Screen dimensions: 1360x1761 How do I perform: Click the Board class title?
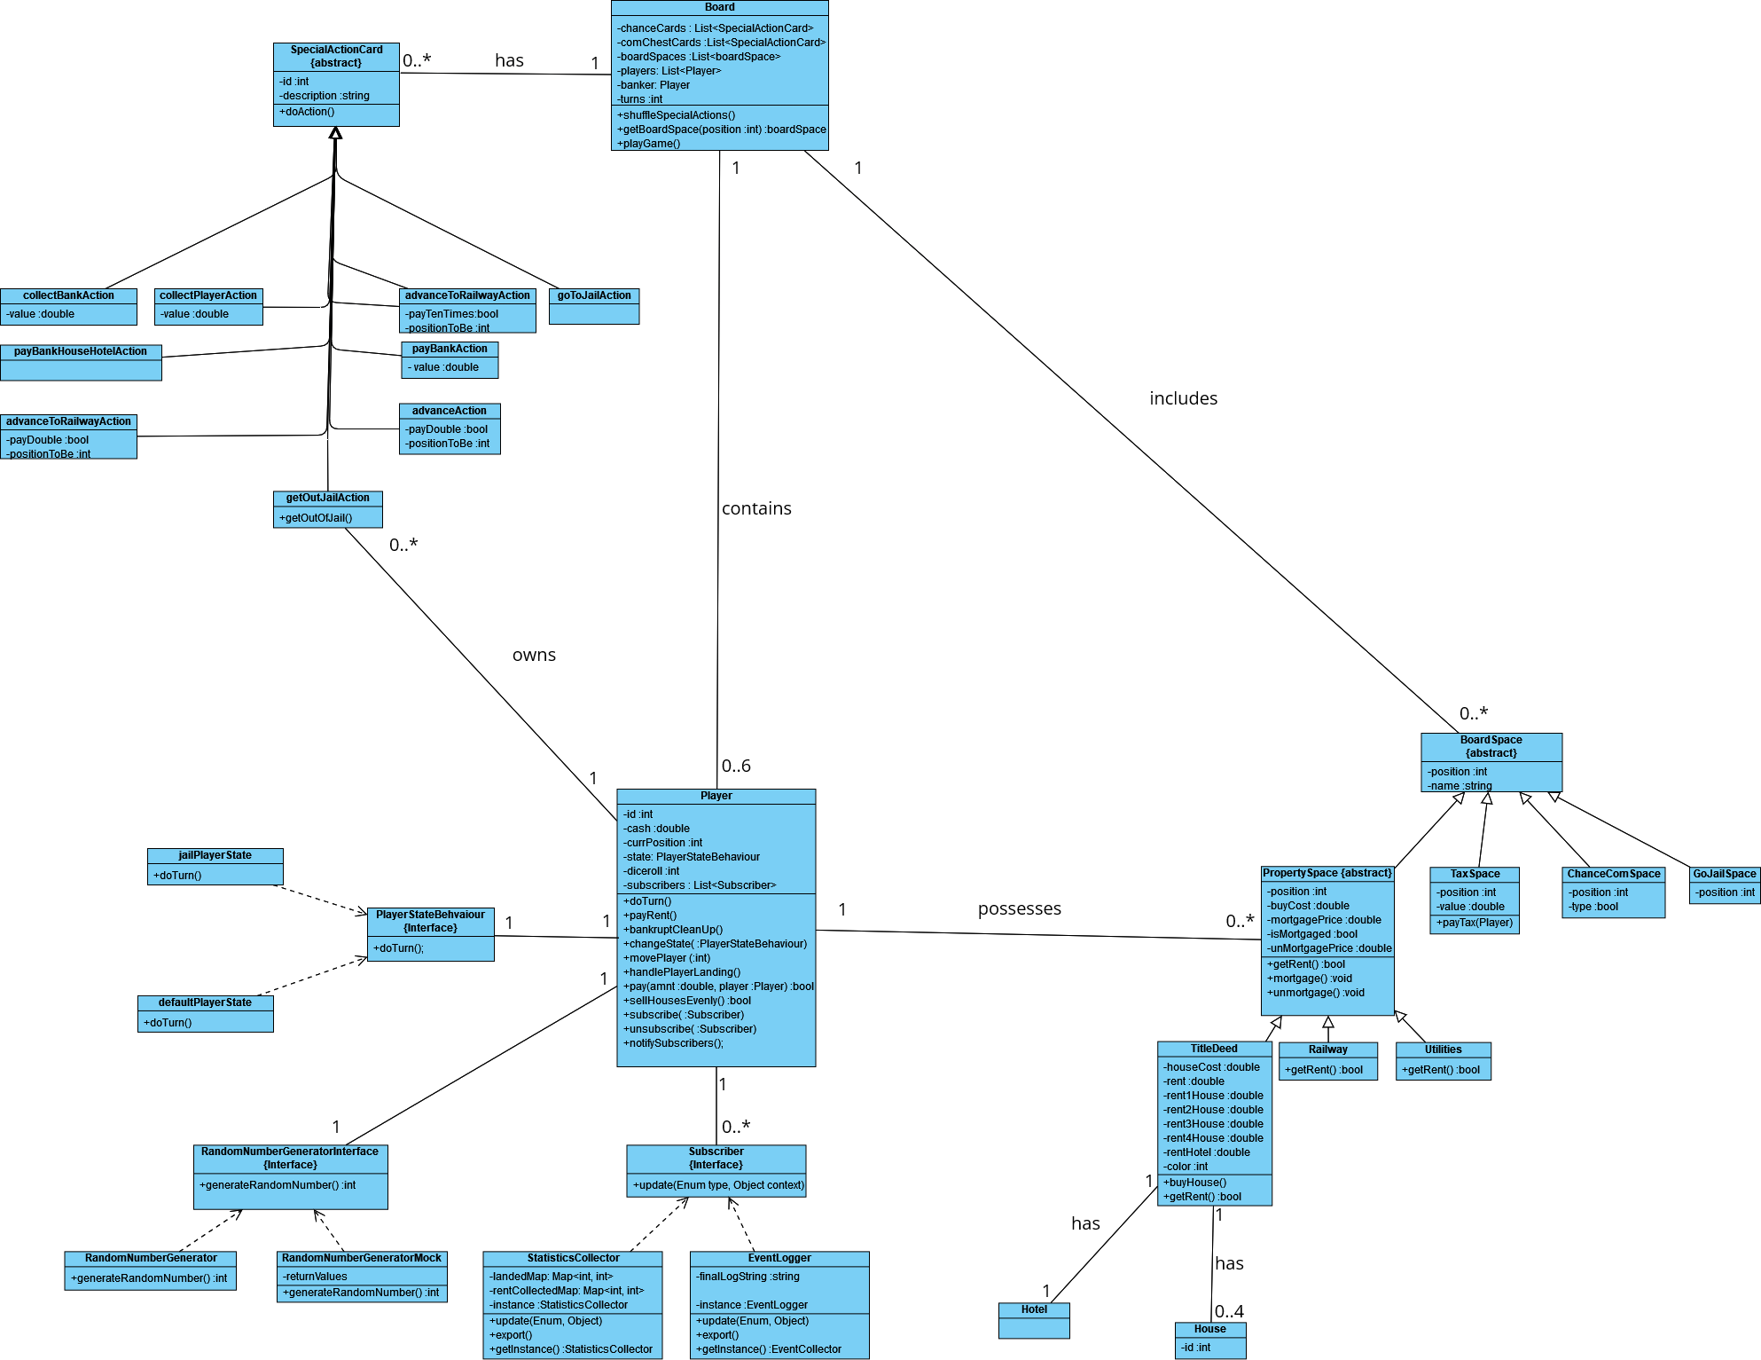719,7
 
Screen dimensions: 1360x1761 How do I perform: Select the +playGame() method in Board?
649,144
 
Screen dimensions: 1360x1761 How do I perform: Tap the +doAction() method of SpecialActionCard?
307,112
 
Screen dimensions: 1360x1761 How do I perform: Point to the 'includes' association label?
1183,398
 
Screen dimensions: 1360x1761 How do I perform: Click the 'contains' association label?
755,508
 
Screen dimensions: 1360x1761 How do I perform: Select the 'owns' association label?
534,655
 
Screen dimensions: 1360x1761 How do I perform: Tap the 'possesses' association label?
1019,908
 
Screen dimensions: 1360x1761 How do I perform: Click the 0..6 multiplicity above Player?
736,766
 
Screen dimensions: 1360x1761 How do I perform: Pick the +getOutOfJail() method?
316,518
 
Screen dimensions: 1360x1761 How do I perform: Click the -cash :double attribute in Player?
656,829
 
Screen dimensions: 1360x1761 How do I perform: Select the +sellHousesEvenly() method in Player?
687,1001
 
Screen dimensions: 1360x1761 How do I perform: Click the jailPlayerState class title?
215,855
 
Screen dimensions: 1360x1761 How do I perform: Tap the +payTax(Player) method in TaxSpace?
1474,923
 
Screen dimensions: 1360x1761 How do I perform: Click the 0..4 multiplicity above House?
1229,1311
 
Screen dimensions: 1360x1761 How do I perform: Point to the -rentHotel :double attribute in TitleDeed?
1207,1152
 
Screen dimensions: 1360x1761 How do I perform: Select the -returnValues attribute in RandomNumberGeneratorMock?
315,1277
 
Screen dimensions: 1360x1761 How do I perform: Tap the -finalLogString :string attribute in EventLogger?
747,1277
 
